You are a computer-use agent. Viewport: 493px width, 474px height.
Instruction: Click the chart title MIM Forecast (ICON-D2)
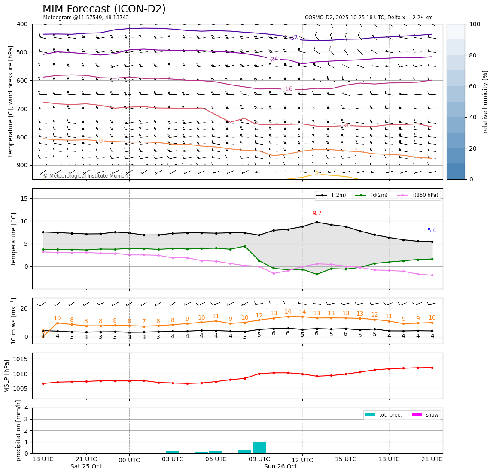pos(104,9)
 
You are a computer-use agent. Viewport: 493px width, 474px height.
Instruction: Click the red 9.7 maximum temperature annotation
pos(317,214)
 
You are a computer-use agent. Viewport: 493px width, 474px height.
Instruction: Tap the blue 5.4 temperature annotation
pos(432,231)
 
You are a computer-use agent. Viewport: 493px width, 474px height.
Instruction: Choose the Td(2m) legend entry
pos(377,195)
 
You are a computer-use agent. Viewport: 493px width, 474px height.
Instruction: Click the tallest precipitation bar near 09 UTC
pos(259,447)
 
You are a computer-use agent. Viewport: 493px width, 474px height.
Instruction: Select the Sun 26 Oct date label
pos(280,467)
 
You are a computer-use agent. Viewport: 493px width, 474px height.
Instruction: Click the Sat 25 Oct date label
pos(86,467)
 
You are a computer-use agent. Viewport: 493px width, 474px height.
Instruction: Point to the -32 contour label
pos(294,38)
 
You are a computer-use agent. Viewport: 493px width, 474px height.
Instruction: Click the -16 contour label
pos(288,89)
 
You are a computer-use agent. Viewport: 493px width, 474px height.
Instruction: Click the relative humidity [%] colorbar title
pos(485,102)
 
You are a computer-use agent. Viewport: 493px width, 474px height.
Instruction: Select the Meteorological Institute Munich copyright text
pos(85,176)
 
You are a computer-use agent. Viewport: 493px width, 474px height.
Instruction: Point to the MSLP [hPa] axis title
pos(7,376)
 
